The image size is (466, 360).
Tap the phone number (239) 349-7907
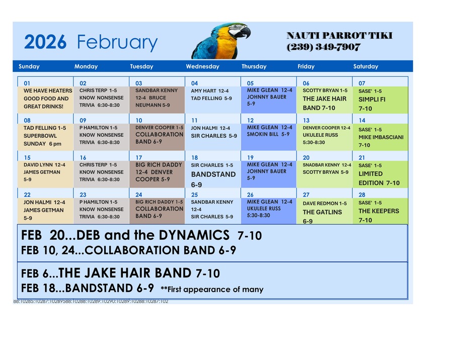[x=324, y=47]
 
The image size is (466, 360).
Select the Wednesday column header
[x=202, y=66]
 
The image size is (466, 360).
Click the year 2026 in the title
[x=45, y=43]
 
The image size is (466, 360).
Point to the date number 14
[x=362, y=121]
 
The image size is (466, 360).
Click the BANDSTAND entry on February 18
[x=213, y=174]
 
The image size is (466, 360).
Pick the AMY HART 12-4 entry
[x=209, y=91]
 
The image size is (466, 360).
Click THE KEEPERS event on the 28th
[x=378, y=211]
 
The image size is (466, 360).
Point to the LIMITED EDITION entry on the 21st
[x=378, y=178]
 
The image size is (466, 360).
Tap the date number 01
[x=27, y=83]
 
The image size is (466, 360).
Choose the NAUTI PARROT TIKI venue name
[x=339, y=36]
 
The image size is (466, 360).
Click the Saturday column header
[x=365, y=66]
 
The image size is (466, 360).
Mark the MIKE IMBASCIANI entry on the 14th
[x=380, y=137]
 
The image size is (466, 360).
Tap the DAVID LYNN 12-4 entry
[x=44, y=164]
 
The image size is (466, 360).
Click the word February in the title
[x=117, y=43]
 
